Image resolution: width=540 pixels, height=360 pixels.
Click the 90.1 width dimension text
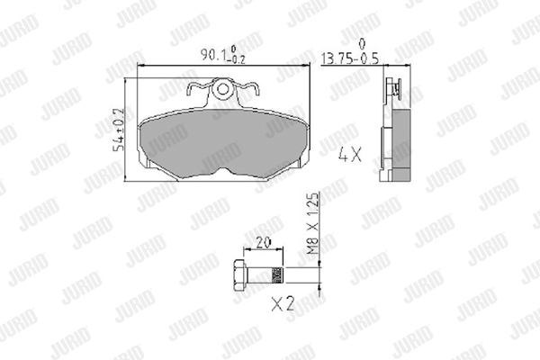coord(223,54)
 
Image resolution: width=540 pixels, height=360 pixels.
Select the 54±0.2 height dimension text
coord(118,130)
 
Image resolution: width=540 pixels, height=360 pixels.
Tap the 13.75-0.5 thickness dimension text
coord(349,58)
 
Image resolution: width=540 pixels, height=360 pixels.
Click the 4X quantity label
coord(350,154)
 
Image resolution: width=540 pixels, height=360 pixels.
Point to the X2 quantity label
coord(283,304)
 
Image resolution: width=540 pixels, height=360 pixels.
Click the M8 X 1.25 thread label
coord(313,224)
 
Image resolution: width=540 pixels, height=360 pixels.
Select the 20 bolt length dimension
coord(264,243)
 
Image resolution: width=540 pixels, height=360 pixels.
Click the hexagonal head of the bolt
coord(238,274)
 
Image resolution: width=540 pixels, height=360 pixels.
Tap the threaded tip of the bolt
coord(277,274)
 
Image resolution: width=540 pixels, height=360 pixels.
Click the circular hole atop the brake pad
coord(223,89)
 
